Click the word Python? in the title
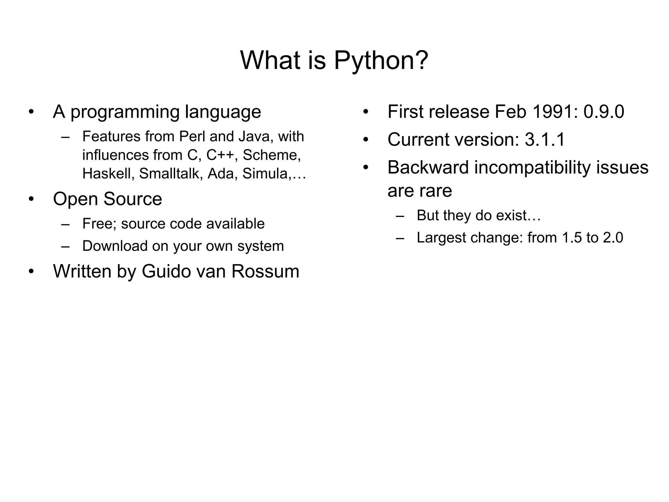[x=381, y=61]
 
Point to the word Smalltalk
[x=169, y=174]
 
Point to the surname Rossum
[x=265, y=271]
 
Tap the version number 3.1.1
[x=545, y=140]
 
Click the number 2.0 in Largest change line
[x=613, y=238]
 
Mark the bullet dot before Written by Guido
[x=31, y=272]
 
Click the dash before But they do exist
[x=400, y=216]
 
